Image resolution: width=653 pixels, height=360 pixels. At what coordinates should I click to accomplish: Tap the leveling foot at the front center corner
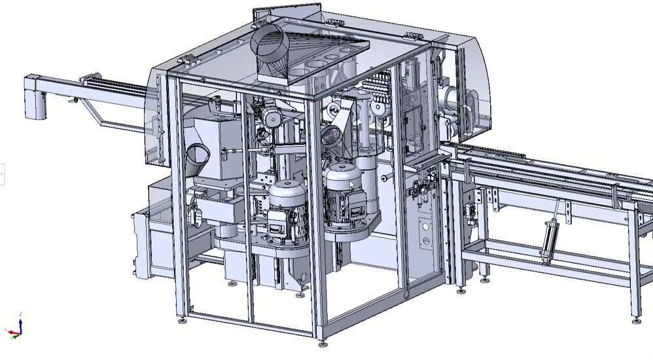(x=321, y=342)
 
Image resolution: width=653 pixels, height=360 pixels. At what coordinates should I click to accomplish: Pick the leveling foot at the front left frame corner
(x=181, y=320)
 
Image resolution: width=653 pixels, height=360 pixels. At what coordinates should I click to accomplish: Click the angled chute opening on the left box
(x=197, y=157)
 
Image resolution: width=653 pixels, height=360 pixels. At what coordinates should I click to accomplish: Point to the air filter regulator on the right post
(x=417, y=190)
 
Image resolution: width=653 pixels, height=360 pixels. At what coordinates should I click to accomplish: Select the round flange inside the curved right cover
(x=451, y=98)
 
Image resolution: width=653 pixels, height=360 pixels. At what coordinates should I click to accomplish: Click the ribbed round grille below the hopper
(x=332, y=135)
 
